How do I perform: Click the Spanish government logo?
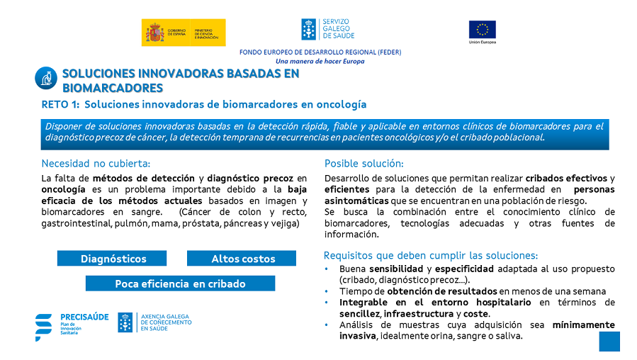(184, 33)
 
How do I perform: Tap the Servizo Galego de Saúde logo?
(328, 29)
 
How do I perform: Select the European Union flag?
(483, 30)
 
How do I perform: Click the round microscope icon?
(46, 78)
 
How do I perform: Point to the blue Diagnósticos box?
(112, 259)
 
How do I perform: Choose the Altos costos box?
(242, 259)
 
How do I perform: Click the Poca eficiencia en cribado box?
(181, 283)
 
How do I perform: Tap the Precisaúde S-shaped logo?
(43, 327)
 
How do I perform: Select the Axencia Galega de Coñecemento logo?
(154, 322)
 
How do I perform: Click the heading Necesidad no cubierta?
(96, 163)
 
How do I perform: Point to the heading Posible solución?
(364, 163)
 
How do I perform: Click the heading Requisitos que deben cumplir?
(431, 256)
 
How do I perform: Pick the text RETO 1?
(60, 104)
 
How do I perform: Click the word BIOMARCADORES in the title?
(113, 88)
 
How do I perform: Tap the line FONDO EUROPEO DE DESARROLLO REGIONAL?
(320, 52)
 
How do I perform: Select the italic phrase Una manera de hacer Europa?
(320, 62)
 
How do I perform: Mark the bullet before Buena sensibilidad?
(326, 269)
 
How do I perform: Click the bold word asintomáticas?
(356, 201)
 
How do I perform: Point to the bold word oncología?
(63, 190)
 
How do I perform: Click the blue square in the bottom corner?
(609, 342)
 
